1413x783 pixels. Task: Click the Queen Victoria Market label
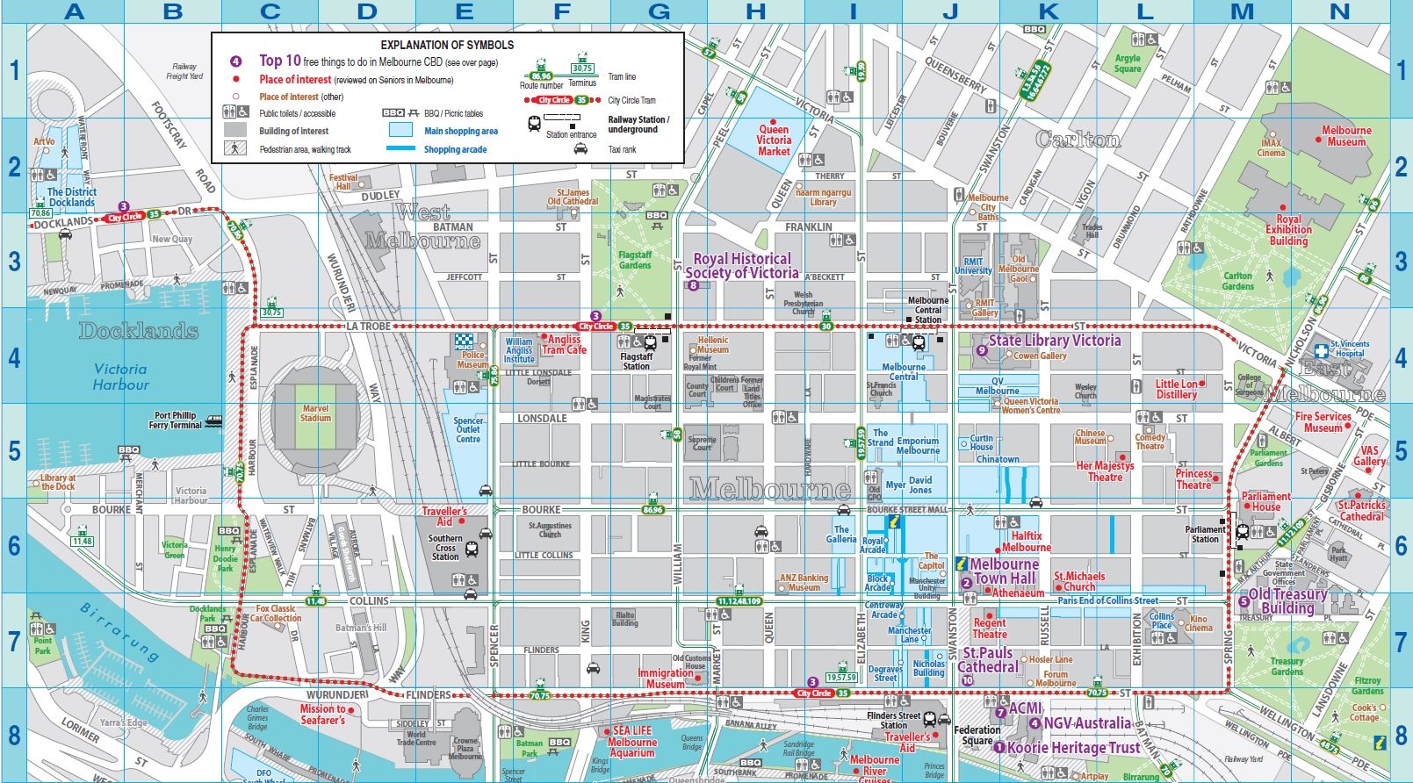click(774, 140)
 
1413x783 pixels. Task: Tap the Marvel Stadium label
click(315, 413)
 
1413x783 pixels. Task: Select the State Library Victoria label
click(1054, 341)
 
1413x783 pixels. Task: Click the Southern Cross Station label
click(445, 547)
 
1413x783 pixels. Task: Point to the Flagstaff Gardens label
click(634, 260)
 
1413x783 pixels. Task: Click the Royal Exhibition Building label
click(1288, 230)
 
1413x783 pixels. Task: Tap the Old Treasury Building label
click(1287, 601)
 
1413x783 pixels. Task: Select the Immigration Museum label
click(665, 679)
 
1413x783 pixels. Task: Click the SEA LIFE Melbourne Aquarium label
click(632, 742)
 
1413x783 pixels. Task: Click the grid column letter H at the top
click(755, 11)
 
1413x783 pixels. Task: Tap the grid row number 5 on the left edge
click(13, 451)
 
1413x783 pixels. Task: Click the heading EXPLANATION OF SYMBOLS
click(447, 45)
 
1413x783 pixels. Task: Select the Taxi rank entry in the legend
click(622, 149)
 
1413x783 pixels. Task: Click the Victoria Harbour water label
click(120, 377)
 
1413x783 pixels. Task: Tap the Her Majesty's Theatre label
click(1105, 471)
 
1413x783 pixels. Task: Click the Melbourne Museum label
click(1345, 136)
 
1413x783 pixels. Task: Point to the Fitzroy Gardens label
click(1366, 686)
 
